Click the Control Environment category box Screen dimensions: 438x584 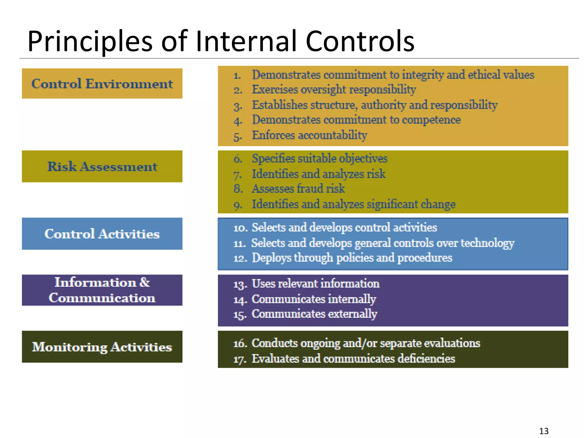[102, 84]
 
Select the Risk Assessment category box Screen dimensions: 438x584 [102, 166]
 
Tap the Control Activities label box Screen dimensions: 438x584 [102, 234]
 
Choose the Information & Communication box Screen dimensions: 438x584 [102, 290]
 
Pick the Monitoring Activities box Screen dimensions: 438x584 [102, 347]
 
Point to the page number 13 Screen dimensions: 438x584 [544, 431]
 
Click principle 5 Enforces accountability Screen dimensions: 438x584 [309, 135]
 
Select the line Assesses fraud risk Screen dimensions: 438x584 [298, 189]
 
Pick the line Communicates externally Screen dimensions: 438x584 [314, 314]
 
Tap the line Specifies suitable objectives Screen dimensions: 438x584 [319, 159]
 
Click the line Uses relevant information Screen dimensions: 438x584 [315, 284]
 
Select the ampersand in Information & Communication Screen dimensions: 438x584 [145, 282]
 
